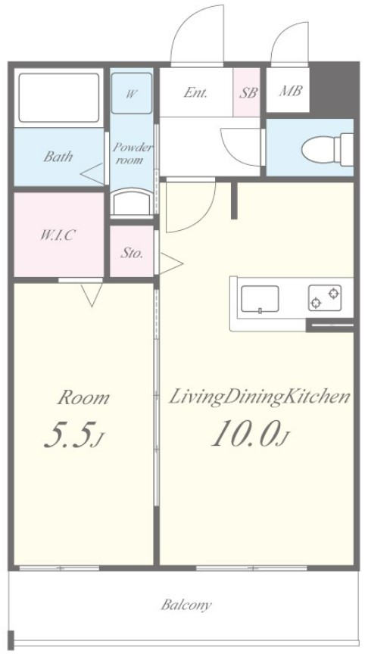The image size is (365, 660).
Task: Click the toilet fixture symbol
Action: [x=328, y=149]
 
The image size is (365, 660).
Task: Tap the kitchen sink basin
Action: [x=260, y=299]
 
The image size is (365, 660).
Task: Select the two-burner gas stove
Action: [x=325, y=297]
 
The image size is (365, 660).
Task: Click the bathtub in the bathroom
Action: [x=59, y=98]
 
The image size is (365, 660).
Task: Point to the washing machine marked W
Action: [x=131, y=92]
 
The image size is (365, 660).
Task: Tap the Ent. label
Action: [x=195, y=92]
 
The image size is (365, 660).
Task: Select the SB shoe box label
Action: [x=248, y=92]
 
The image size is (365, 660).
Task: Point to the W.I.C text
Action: [x=58, y=235]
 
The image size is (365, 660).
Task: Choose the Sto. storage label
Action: [x=133, y=253]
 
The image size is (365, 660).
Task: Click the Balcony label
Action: [x=186, y=605]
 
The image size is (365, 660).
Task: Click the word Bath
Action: [x=58, y=157]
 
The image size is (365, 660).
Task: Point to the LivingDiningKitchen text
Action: [x=259, y=398]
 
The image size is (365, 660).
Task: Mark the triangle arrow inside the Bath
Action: [x=92, y=174]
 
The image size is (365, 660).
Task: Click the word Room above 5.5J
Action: [x=83, y=397]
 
